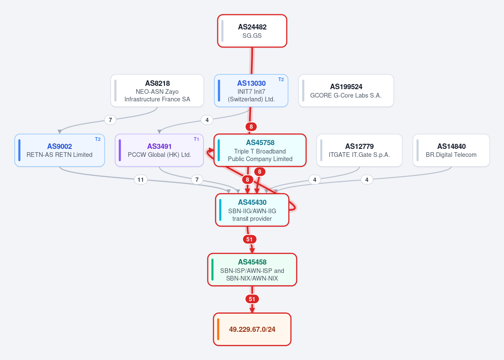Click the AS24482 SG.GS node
[x=252, y=31]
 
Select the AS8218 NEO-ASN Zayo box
[x=157, y=91]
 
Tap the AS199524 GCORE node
[x=346, y=91]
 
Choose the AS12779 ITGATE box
[x=359, y=150]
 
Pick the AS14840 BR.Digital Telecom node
[x=451, y=150]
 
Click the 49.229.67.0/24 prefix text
[x=252, y=329]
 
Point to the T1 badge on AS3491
[x=196, y=139]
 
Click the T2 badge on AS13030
[x=281, y=79]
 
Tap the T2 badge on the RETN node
[x=98, y=139]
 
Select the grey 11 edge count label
[x=141, y=180]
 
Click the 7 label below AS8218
[x=110, y=120]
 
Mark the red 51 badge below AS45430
[x=249, y=239]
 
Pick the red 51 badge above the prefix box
[x=252, y=299]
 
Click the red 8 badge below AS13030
[x=251, y=127]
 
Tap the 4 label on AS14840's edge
[x=367, y=180]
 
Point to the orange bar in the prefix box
[x=218, y=329]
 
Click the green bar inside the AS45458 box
[x=212, y=270]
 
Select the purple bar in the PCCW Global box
[x=120, y=150]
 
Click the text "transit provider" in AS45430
[x=252, y=219]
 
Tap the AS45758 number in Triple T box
[x=260, y=143]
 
